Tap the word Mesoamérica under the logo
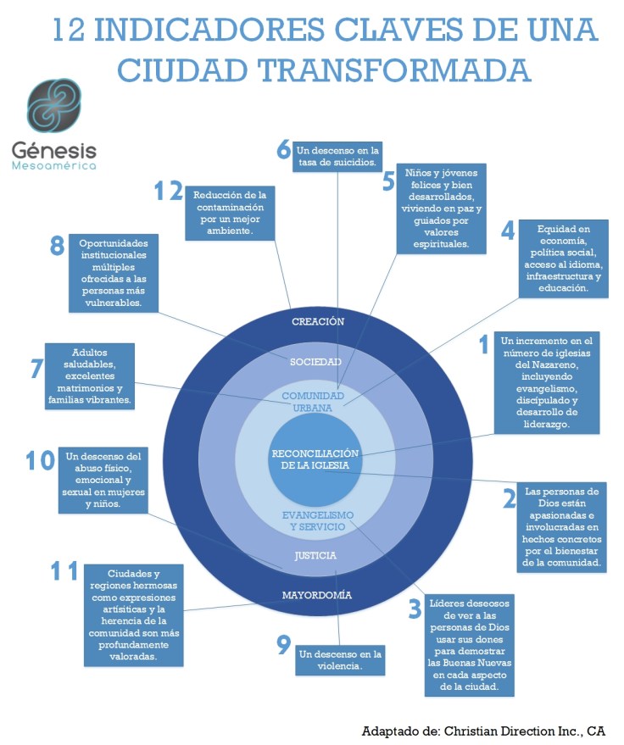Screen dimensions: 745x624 tap(53, 166)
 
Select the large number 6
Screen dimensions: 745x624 tap(284, 149)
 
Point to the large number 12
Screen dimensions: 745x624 tap(168, 192)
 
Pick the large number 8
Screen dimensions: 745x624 tap(58, 246)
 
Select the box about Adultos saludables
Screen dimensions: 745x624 tap(90, 375)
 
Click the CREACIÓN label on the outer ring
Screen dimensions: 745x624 tap(317, 321)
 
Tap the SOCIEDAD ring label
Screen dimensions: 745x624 tap(315, 362)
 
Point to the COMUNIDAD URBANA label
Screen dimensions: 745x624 tap(313, 402)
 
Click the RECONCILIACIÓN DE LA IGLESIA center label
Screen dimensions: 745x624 tap(316, 459)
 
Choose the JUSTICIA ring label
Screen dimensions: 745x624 tap(315, 556)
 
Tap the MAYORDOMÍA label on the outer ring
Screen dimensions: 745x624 tap(316, 595)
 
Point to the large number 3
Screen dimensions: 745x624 tap(415, 609)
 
